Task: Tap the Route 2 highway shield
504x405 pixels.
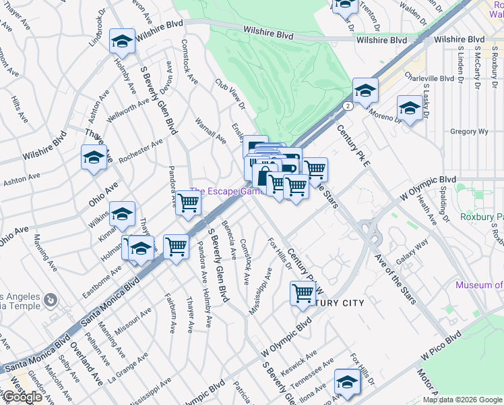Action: click(x=346, y=106)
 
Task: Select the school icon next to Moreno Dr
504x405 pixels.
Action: click(x=410, y=107)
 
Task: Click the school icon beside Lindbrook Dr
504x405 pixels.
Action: click(x=122, y=42)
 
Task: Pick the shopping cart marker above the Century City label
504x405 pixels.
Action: click(x=303, y=293)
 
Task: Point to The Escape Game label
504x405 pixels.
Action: click(x=226, y=192)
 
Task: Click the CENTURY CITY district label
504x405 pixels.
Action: click(x=338, y=303)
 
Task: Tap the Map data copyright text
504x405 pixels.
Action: click(x=463, y=400)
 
